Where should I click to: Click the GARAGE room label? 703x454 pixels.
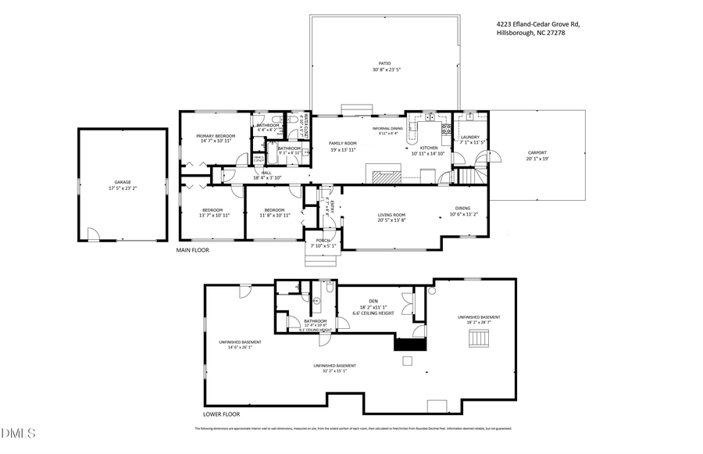tap(123, 182)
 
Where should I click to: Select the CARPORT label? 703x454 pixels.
tap(537, 152)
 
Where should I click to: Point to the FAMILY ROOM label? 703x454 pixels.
tap(342, 143)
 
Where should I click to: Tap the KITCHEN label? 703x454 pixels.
tap(430, 148)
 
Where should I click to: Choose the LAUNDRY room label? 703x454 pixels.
tap(469, 137)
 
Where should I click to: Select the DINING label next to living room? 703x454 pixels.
tap(463, 208)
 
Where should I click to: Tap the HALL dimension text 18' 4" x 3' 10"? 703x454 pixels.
tap(266, 178)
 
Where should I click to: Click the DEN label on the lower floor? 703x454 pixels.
tap(373, 301)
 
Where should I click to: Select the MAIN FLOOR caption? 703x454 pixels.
tap(193, 250)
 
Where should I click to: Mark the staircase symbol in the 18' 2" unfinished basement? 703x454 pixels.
tap(478, 338)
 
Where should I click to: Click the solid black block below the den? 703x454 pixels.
tap(409, 344)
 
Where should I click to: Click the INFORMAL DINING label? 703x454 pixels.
tap(387, 127)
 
